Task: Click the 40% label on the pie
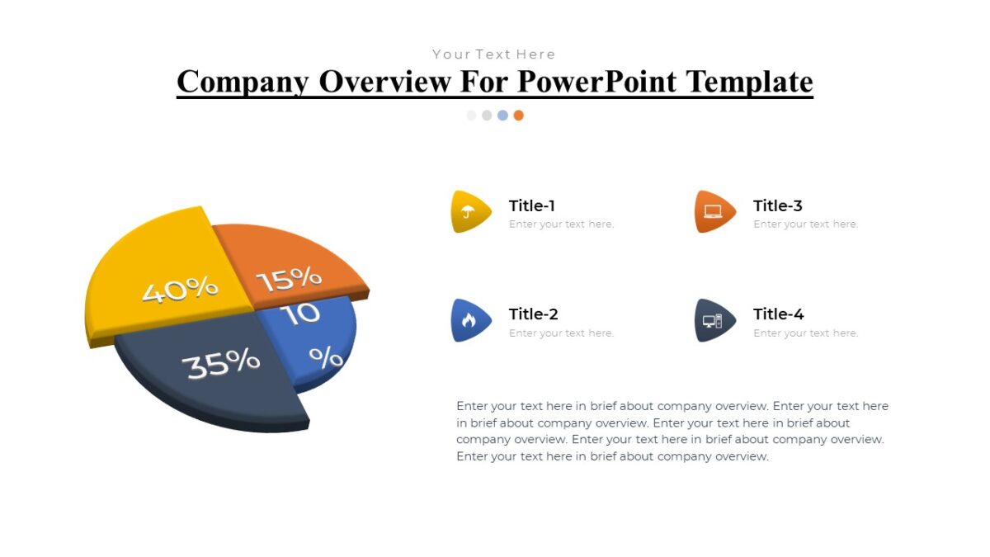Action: click(x=180, y=290)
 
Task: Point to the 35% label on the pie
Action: click(x=221, y=363)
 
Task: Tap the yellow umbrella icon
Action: click(x=469, y=211)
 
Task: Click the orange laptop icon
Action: click(x=713, y=211)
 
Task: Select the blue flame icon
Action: click(x=469, y=320)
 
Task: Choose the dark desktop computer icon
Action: click(x=713, y=320)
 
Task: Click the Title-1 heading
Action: click(x=532, y=205)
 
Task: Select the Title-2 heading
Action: click(x=534, y=314)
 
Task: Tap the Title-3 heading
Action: click(x=777, y=205)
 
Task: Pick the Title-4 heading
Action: click(x=778, y=314)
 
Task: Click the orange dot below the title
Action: click(x=518, y=116)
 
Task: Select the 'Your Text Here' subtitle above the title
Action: click(x=494, y=54)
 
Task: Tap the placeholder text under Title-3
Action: click(x=805, y=224)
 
